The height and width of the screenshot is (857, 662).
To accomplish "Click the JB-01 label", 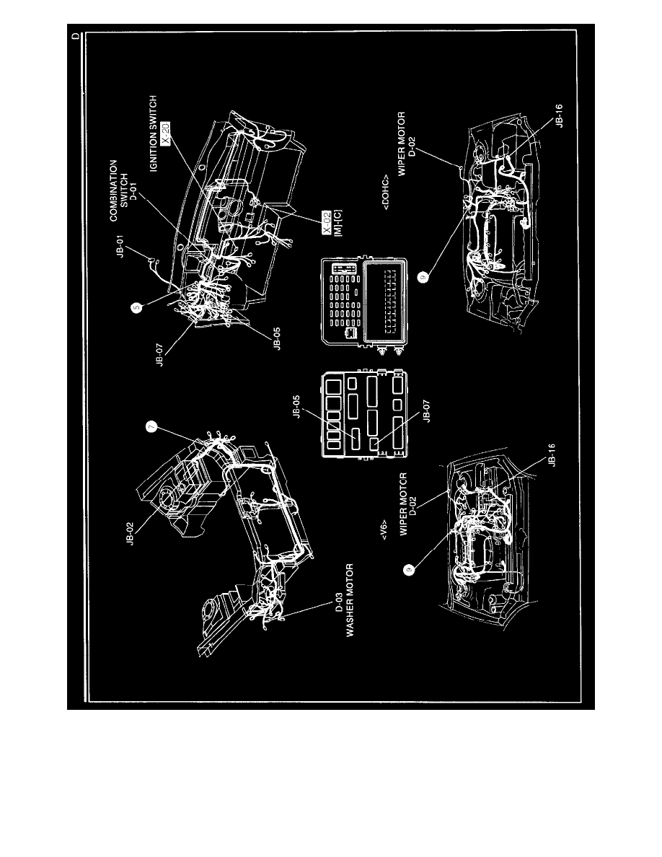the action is click(120, 246).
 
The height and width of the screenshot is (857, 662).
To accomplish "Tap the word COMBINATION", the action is click(114, 190).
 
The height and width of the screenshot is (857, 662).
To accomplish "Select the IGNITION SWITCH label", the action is click(154, 133).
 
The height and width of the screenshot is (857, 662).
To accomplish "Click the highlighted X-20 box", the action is click(166, 133).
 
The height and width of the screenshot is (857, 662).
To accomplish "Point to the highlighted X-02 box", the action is click(326, 222).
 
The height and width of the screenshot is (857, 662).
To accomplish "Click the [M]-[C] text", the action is click(338, 222).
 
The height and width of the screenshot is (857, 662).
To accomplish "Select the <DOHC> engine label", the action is click(386, 192).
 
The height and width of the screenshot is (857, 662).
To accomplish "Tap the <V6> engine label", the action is click(384, 529).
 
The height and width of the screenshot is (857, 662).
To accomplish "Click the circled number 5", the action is click(136, 307).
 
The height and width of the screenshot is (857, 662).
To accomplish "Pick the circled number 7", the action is click(151, 427).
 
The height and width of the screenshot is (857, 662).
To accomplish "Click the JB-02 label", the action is click(130, 533).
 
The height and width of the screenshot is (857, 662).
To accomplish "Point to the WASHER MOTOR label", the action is click(350, 600).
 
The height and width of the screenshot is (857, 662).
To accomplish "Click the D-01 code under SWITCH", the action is click(134, 190).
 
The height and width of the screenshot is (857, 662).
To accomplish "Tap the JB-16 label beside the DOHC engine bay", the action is click(559, 116).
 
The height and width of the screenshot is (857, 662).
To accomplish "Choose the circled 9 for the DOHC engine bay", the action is click(423, 277).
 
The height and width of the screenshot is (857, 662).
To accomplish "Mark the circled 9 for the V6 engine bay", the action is click(408, 570).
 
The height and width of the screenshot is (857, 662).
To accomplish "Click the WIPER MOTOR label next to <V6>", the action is click(404, 504).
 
